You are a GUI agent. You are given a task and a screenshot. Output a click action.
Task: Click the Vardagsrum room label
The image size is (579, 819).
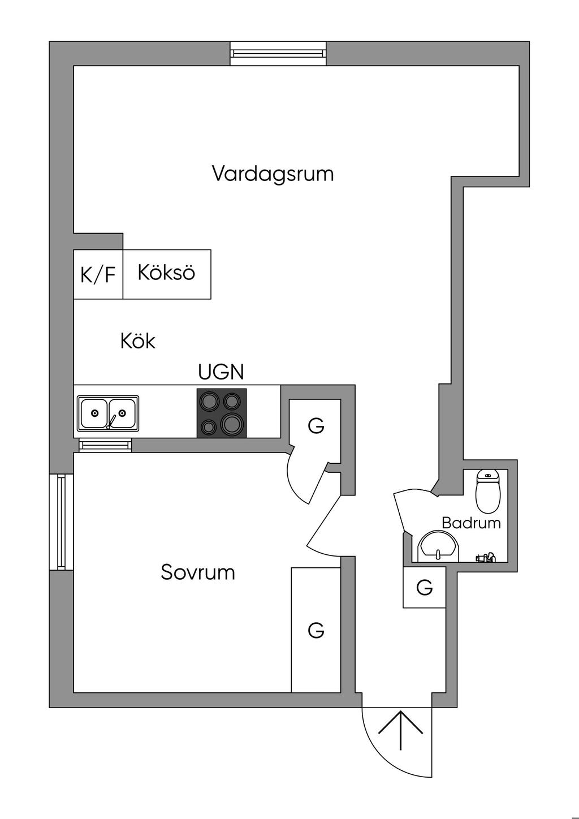pyautogui.click(x=273, y=173)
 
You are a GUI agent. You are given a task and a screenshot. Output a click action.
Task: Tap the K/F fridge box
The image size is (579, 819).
pyautogui.click(x=98, y=275)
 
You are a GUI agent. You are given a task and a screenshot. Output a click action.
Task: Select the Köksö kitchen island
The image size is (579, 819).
pyautogui.click(x=167, y=273)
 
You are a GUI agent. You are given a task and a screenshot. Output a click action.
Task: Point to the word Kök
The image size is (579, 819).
pyautogui.click(x=138, y=341)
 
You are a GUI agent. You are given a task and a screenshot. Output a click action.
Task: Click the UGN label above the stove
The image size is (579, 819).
pyautogui.click(x=221, y=372)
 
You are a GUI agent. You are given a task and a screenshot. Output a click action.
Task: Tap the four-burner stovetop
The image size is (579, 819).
pyautogui.click(x=222, y=413)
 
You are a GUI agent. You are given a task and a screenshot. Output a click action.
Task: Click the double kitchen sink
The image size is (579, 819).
pyautogui.click(x=108, y=413)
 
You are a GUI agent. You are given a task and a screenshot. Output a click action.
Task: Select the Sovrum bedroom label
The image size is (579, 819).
pyautogui.click(x=198, y=572)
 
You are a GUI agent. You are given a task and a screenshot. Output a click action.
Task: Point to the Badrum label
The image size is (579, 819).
pyautogui.click(x=471, y=523)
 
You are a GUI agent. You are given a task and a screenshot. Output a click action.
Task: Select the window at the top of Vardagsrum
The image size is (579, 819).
pyautogui.click(x=278, y=53)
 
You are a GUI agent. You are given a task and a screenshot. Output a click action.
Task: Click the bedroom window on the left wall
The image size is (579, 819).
pyautogui.click(x=62, y=522)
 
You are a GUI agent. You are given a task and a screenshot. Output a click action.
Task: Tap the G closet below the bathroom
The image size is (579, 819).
pyautogui.click(x=425, y=588)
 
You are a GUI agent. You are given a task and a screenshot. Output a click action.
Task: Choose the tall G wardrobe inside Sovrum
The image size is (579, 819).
pyautogui.click(x=316, y=630)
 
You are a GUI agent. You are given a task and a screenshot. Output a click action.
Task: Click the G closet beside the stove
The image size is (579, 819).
pyautogui.click(x=316, y=425)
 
